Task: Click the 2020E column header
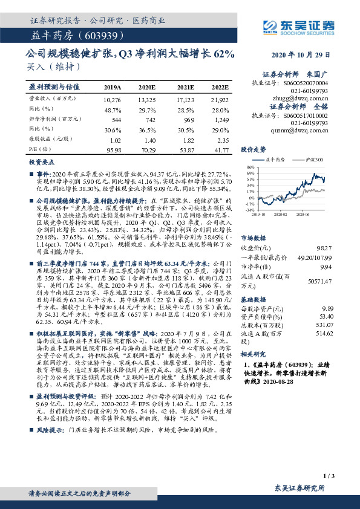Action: click(x=146, y=87)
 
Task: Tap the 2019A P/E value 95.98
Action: click(x=113, y=149)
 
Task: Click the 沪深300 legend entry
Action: click(x=314, y=159)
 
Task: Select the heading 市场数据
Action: click(x=254, y=238)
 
